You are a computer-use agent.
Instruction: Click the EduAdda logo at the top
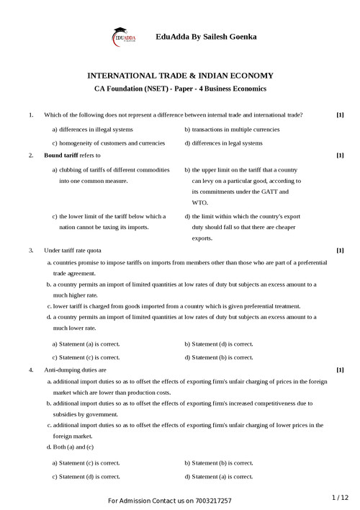123,36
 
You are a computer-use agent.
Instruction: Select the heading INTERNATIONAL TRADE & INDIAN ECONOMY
180,75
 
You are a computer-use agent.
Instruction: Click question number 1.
30,115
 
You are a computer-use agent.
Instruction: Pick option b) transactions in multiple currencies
232,130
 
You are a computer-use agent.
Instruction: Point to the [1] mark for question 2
340,155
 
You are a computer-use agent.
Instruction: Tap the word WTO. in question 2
199,203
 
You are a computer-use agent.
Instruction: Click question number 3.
30,250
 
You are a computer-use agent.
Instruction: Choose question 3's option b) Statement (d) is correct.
218,344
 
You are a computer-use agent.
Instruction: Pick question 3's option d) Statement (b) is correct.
218,357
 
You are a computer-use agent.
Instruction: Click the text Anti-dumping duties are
76,370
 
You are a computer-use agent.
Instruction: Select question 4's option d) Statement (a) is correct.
218,476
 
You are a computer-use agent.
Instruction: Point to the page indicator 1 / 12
340,497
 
